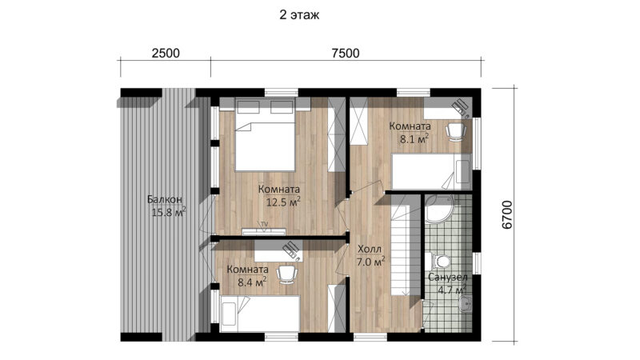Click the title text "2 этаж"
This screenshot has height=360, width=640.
[x=299, y=15]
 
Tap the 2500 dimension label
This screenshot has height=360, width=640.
[x=166, y=53]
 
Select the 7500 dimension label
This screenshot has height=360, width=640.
[x=346, y=53]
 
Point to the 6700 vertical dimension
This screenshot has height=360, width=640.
[x=506, y=214]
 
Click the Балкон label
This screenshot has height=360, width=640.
[x=165, y=199]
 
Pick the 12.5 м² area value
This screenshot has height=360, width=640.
[x=284, y=202]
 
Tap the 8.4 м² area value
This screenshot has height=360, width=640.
[x=252, y=282]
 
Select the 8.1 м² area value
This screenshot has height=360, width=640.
[x=414, y=138]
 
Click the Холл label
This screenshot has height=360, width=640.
[x=370, y=249]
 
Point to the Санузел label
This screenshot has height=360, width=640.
[x=447, y=278]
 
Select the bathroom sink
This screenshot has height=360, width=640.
[x=466, y=304]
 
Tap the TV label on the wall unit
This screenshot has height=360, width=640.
[x=265, y=224]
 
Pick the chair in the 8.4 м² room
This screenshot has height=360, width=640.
[x=287, y=274]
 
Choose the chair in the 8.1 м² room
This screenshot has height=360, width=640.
[x=455, y=131]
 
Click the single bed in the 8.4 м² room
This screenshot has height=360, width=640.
[x=260, y=314]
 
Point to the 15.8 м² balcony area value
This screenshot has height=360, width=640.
[x=169, y=212]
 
